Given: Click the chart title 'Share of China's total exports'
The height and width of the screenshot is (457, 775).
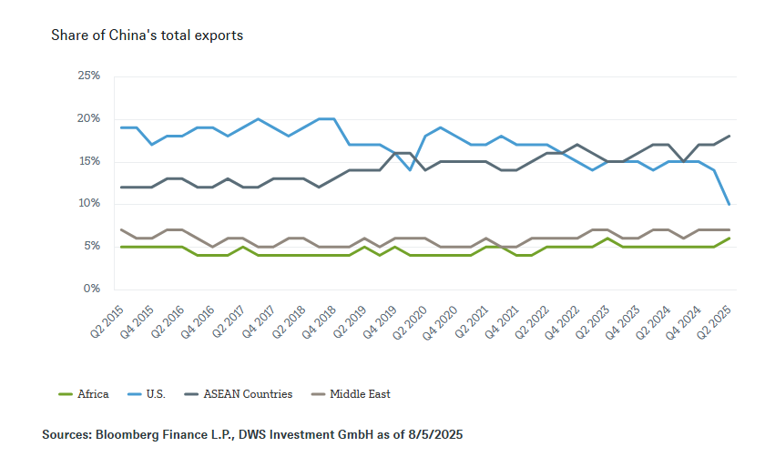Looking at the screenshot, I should click(x=147, y=36).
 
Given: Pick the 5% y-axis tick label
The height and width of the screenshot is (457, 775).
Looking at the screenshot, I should click(x=91, y=246).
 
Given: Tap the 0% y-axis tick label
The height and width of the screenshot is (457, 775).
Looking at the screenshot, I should click(x=91, y=289).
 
